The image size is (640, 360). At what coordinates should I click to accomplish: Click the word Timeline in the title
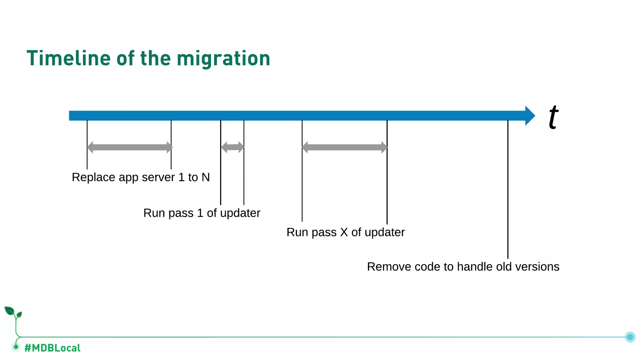tap(68, 58)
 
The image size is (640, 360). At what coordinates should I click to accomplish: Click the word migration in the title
tap(223, 58)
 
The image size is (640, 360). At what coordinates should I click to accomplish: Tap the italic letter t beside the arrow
tap(553, 117)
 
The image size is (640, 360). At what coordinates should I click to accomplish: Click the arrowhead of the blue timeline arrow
tap(530, 116)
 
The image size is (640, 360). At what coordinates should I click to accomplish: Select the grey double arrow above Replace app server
tap(129, 147)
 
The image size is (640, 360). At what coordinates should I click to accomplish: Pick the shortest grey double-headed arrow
tap(232, 147)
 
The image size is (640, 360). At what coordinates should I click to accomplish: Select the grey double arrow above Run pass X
tap(344, 147)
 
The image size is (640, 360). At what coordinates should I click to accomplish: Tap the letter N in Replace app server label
tap(205, 177)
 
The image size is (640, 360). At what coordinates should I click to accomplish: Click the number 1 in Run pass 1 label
tap(200, 213)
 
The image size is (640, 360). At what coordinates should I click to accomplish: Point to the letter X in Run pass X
tap(344, 232)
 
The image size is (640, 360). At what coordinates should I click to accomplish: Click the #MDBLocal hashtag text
tap(52, 348)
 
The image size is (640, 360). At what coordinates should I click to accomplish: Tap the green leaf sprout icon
tap(12, 312)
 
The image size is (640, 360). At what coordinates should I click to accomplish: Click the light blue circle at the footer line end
tap(630, 337)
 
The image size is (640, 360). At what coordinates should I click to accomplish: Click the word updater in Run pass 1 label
tap(240, 213)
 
